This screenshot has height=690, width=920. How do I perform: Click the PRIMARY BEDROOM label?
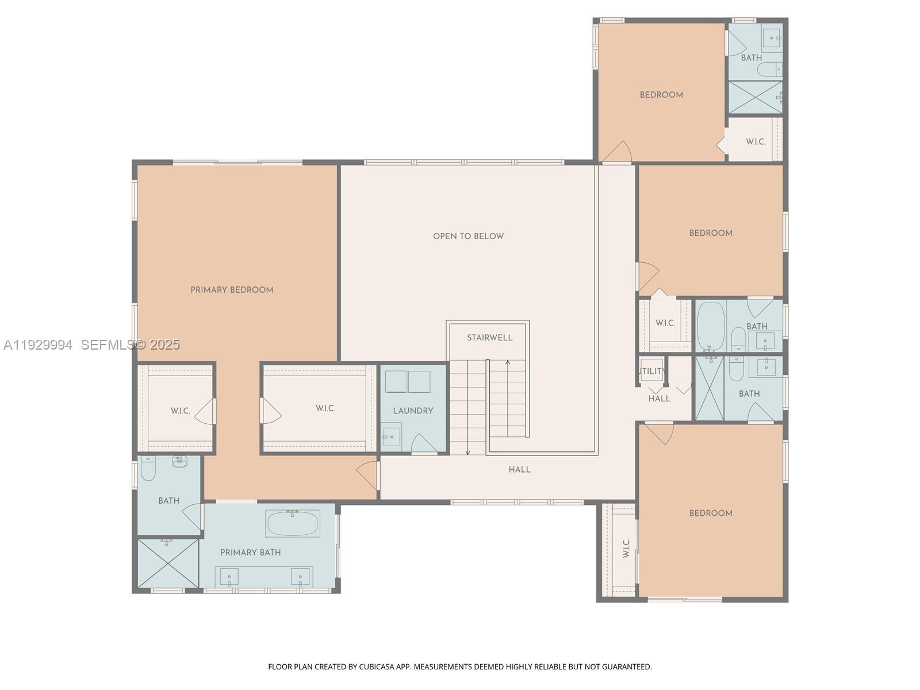pyautogui.click(x=232, y=290)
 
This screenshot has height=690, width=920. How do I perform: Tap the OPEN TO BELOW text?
pyautogui.click(x=468, y=236)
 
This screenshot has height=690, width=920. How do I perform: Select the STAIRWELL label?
pyautogui.click(x=489, y=338)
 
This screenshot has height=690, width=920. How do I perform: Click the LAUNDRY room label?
pyautogui.click(x=413, y=411)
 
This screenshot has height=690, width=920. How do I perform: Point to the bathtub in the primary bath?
pyautogui.click(x=292, y=523)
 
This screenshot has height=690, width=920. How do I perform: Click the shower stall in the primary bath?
pyautogui.click(x=168, y=563)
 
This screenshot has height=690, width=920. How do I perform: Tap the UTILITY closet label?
pyautogui.click(x=651, y=371)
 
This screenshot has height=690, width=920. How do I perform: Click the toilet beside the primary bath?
pyautogui.click(x=148, y=468)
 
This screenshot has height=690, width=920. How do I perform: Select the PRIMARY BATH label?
pyautogui.click(x=250, y=553)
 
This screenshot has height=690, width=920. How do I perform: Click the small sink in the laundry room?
pyautogui.click(x=392, y=436)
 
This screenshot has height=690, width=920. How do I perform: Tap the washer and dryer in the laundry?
pyautogui.click(x=408, y=382)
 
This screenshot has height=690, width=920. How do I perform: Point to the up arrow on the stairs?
pyautogui.click(x=508, y=363)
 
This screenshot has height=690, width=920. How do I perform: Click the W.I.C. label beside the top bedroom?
pyautogui.click(x=756, y=141)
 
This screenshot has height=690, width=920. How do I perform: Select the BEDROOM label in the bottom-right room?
pyautogui.click(x=711, y=513)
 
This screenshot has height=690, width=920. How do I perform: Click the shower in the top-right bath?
pyautogui.click(x=755, y=97)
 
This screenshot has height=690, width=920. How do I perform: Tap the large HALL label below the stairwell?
pyautogui.click(x=519, y=470)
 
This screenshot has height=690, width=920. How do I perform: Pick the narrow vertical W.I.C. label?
pyautogui.click(x=626, y=548)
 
